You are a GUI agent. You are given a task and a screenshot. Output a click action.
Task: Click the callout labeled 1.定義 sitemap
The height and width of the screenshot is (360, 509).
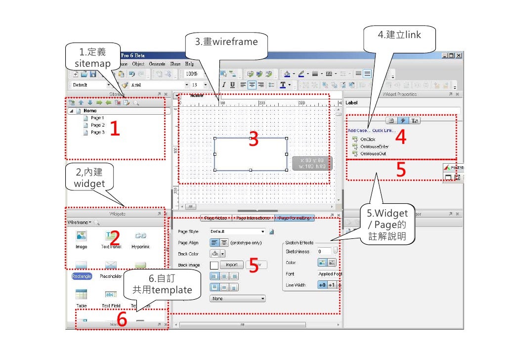point(92,58)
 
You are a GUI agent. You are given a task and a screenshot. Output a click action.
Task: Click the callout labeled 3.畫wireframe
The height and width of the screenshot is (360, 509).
point(226,43)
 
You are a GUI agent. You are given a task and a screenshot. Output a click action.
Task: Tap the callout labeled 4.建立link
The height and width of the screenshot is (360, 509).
point(399,35)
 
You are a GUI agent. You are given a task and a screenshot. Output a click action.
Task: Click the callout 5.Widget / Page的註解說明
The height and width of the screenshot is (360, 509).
point(387,224)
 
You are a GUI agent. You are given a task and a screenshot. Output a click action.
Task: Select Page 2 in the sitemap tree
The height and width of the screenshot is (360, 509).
point(97,125)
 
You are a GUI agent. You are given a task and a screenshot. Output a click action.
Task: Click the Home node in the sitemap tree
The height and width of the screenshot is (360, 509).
point(89,111)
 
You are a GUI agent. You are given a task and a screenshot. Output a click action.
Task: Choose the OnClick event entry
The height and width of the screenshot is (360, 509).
point(368,139)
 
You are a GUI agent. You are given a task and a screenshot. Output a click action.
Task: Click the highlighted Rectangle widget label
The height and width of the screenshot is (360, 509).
point(82,276)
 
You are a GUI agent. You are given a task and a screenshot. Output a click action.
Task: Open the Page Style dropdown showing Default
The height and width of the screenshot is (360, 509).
point(237,231)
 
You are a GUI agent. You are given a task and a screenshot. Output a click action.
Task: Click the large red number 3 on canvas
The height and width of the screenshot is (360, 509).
point(254,140)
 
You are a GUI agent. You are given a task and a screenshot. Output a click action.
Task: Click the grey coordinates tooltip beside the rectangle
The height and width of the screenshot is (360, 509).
point(312,163)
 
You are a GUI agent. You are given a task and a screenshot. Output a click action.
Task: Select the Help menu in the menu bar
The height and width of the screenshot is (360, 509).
point(190,64)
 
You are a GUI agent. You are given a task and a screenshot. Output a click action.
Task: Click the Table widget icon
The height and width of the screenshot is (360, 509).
point(82,295)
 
